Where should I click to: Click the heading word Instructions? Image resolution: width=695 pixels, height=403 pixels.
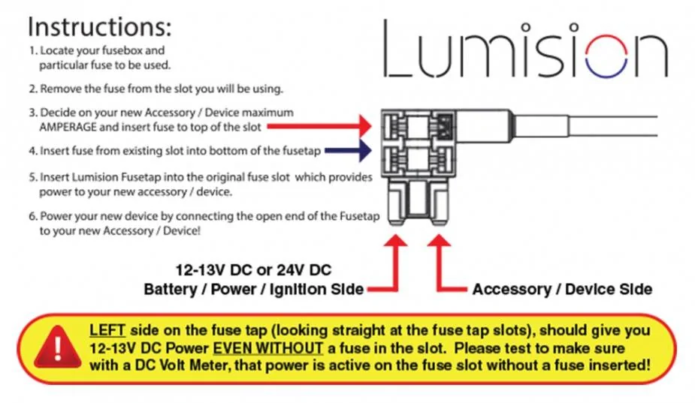(100, 26)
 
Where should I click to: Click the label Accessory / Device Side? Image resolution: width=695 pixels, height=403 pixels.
(562, 289)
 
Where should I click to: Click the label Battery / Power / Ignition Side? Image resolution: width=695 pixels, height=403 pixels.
(254, 289)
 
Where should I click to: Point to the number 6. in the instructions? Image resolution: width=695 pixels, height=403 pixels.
(32, 217)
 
